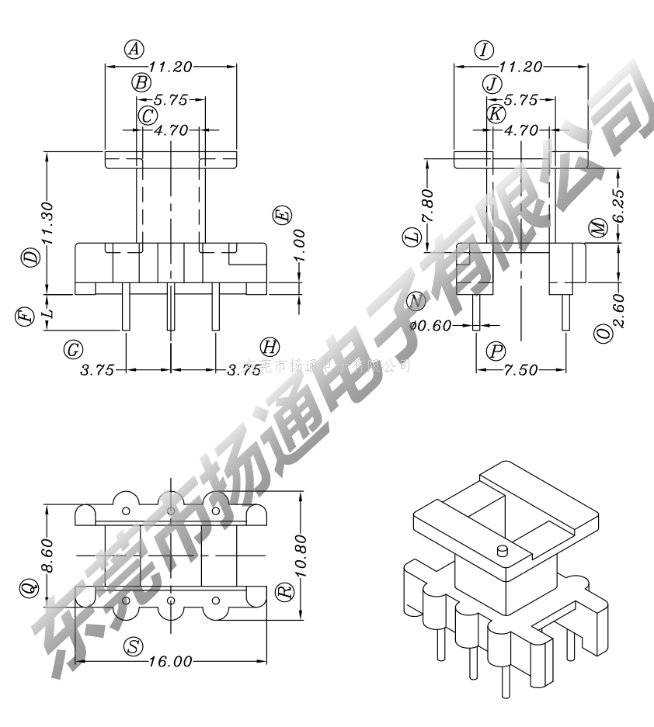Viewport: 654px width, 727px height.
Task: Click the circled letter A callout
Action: click(134, 50)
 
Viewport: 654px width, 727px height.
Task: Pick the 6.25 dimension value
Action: click(617, 206)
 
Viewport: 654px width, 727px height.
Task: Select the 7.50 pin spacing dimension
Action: click(520, 370)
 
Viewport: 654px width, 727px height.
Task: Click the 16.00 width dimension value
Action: click(170, 661)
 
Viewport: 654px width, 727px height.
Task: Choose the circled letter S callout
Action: click(134, 646)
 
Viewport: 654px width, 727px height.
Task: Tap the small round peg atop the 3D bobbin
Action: click(502, 552)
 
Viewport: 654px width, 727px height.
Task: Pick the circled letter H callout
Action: click(270, 347)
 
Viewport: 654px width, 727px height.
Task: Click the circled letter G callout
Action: click(73, 349)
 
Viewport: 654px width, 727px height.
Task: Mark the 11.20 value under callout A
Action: click(170, 67)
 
